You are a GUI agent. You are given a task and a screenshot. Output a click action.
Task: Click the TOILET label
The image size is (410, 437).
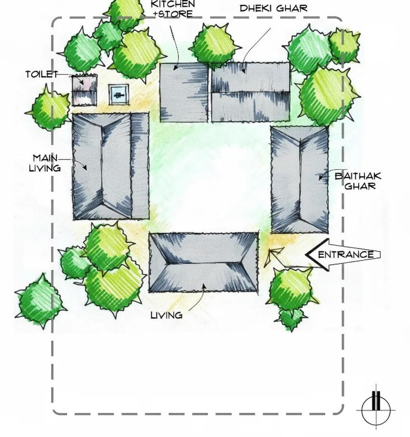click(42, 74)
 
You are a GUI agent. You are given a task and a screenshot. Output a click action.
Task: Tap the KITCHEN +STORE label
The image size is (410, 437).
click(173, 9)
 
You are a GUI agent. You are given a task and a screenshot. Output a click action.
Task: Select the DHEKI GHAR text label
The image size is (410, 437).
click(274, 8)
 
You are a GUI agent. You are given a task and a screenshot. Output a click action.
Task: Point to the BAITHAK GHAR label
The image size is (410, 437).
click(358, 181)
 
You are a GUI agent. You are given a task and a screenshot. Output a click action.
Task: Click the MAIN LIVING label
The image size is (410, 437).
click(45, 163)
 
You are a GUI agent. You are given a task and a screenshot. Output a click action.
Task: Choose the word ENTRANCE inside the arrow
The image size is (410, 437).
click(346, 255)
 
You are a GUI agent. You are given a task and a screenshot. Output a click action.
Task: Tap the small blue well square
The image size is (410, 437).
click(119, 94)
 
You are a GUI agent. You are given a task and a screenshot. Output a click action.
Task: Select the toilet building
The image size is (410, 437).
click(84, 90)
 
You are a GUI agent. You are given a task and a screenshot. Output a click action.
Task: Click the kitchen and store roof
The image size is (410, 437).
click(184, 93)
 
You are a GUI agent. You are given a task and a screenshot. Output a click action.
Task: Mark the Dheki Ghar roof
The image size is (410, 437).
click(250, 92)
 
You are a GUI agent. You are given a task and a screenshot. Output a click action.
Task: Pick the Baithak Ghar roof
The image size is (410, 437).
click(300, 180)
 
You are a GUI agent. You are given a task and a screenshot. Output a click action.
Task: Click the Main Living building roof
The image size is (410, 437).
click(110, 166)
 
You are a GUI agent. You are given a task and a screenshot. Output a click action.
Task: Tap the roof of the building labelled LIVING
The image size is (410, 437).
click(203, 262)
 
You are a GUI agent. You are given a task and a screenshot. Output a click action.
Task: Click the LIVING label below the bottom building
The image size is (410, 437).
click(167, 315)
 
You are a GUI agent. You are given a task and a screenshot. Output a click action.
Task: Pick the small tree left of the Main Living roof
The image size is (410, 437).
click(50, 109)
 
